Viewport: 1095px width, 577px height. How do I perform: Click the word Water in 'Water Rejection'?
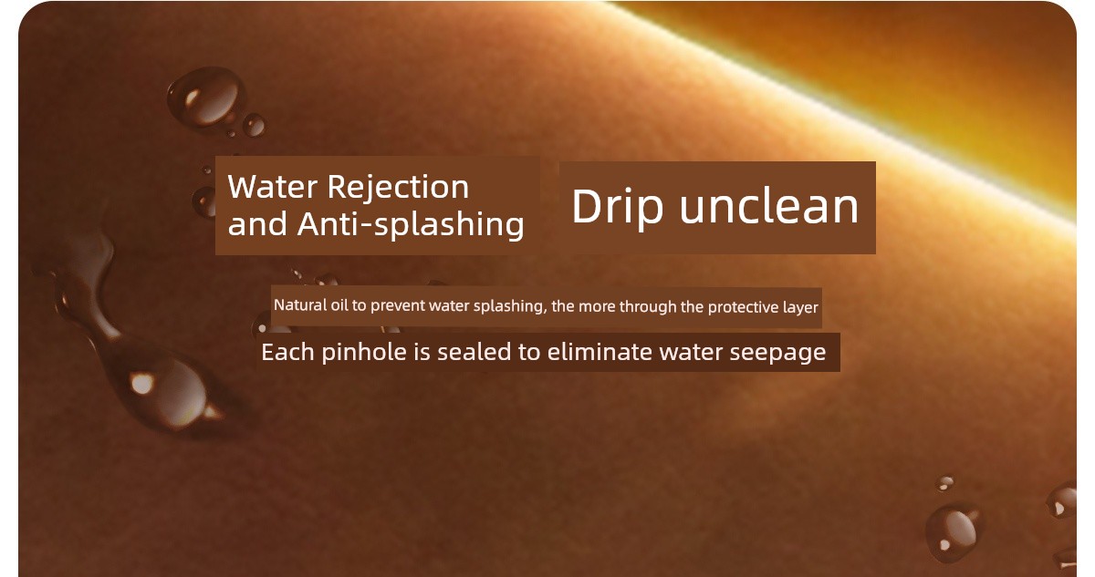272,187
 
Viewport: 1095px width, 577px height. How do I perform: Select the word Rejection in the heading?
398,187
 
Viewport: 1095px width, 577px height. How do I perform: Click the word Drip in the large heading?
617,207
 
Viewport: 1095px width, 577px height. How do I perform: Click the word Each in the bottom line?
287,352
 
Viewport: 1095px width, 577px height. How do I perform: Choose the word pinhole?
364,353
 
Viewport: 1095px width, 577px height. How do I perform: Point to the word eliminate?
600,352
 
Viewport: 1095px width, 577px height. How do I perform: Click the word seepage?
777,353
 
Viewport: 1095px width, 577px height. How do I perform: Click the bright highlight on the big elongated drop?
141,383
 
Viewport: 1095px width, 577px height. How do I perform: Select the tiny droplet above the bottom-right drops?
945,483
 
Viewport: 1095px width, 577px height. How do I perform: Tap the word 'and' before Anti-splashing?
257,224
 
